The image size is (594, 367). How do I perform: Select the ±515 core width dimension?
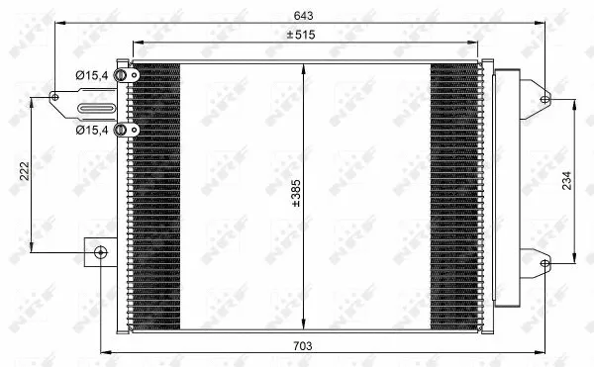click(302, 35)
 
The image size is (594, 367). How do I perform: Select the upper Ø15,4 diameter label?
click(92, 74)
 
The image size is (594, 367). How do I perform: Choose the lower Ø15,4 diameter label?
click(92, 129)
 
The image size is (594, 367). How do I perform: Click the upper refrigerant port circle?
click(121, 75)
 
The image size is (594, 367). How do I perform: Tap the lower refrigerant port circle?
click(121, 129)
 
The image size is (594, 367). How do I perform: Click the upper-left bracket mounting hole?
click(56, 96)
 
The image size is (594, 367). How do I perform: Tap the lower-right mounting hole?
click(544, 262)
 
